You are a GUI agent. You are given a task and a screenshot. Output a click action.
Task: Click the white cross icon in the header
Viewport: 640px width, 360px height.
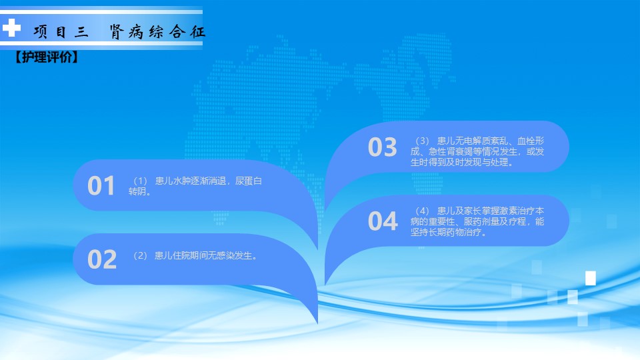11,28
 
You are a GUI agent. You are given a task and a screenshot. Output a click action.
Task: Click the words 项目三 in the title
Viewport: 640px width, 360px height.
61,31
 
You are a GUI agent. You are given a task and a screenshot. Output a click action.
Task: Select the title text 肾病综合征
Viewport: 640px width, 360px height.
157,31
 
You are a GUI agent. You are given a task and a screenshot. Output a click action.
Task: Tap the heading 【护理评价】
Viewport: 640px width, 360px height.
47,57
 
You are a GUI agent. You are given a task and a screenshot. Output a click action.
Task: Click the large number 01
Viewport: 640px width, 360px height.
101,186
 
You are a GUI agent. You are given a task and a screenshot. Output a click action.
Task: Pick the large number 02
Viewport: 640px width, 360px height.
102,259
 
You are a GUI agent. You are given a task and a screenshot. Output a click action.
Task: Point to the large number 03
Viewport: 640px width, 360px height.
383,147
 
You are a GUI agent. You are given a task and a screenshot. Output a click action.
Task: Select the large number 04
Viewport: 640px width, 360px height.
383,221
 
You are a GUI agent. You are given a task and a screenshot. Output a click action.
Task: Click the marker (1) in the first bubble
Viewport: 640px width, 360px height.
140,181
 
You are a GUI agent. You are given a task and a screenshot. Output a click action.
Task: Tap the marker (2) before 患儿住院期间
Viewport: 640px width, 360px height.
140,255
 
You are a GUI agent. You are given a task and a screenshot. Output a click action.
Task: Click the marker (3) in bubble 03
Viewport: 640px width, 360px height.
422,141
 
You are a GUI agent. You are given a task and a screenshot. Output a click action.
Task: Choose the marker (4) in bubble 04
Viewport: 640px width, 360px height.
422,211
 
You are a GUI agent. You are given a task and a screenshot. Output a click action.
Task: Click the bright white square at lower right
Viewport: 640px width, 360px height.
591,278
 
